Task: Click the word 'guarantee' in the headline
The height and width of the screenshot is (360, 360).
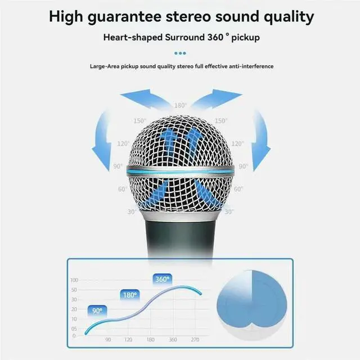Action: [x=128, y=16]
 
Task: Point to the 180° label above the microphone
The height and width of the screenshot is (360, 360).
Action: [x=180, y=105]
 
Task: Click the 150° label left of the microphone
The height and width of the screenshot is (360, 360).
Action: [x=139, y=120]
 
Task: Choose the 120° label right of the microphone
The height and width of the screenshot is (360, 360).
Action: [x=237, y=143]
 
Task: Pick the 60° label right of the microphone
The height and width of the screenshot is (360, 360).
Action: [x=238, y=189]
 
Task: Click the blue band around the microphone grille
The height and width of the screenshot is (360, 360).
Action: [x=180, y=169]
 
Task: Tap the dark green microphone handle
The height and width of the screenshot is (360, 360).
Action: [x=179, y=236]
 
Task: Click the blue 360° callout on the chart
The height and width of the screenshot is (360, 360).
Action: [x=163, y=278]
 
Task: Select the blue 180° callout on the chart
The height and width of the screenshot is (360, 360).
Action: [x=129, y=295]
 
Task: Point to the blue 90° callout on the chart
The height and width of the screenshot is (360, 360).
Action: [x=97, y=310]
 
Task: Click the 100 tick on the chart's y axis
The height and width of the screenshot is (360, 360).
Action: [x=74, y=280]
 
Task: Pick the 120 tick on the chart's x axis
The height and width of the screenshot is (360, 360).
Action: [x=128, y=340]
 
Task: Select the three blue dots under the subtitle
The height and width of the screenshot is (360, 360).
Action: [x=180, y=53]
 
